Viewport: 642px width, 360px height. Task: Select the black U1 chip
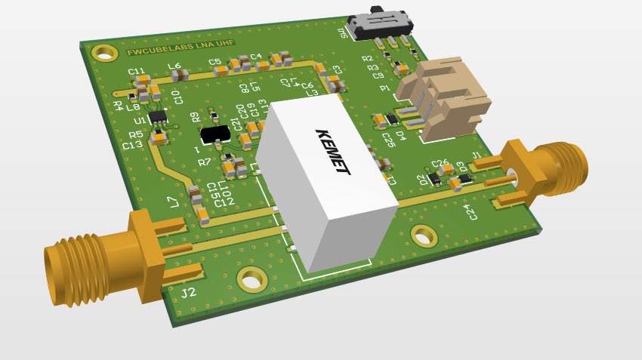(158, 118)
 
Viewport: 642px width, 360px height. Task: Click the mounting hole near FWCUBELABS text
(105, 52)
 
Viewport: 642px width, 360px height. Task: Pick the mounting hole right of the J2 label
(251, 280)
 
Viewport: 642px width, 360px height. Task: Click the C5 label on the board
(215, 62)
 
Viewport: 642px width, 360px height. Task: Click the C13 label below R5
(132, 144)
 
